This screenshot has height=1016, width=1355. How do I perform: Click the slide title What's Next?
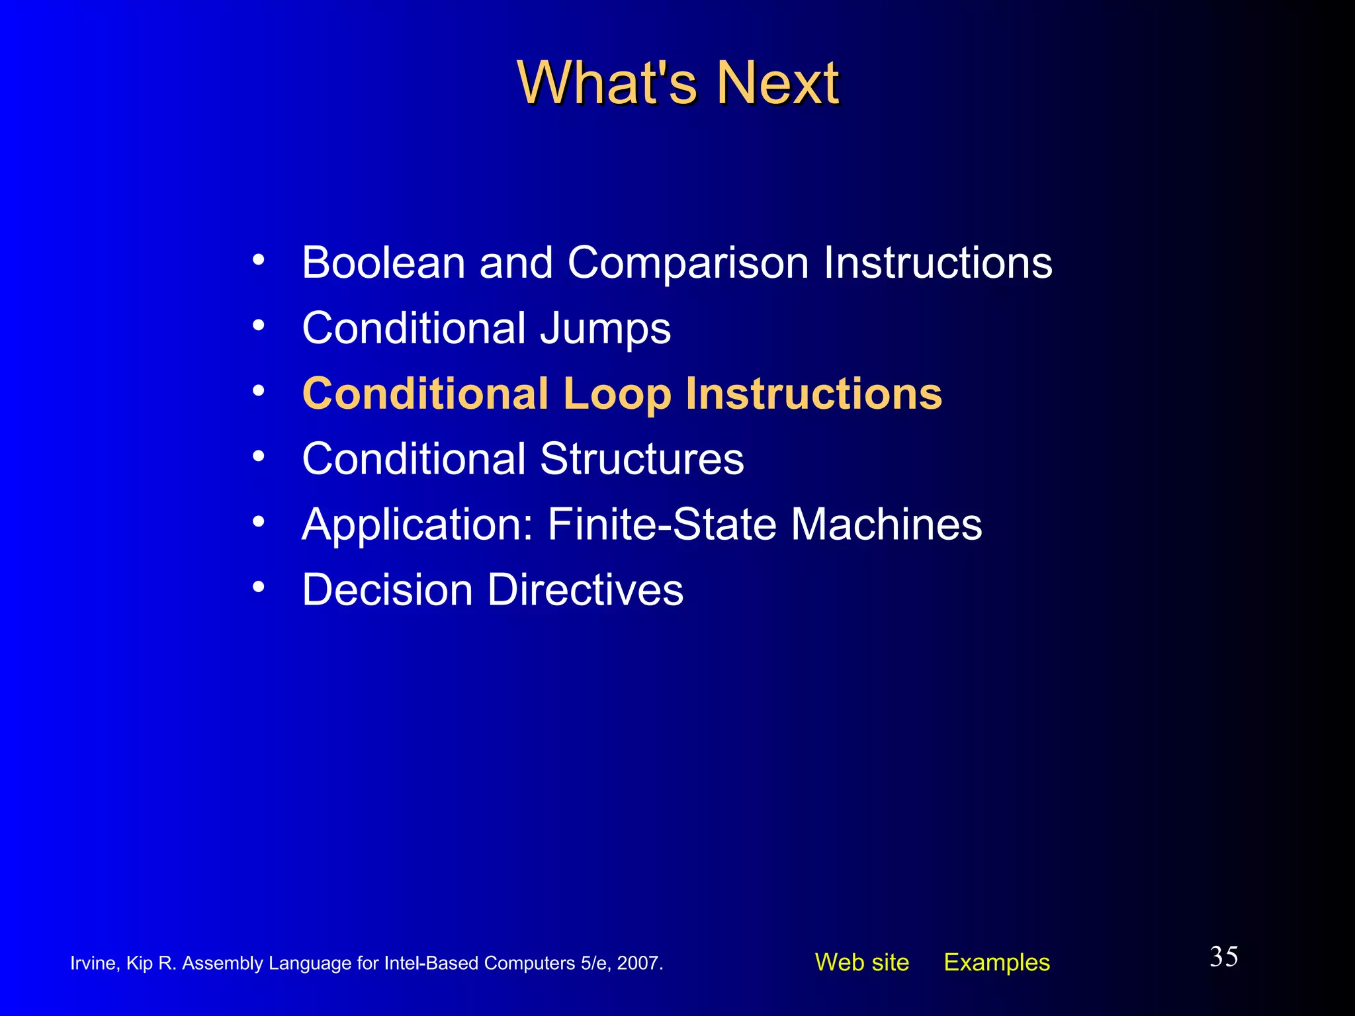[677, 83]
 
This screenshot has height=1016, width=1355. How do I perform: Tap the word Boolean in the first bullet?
[383, 263]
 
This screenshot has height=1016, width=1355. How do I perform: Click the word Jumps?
[605, 329]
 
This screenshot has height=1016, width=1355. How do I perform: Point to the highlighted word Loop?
[617, 394]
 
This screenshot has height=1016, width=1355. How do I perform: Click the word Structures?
[642, 458]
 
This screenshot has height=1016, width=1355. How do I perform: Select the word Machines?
[887, 524]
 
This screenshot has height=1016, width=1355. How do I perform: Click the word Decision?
[387, 589]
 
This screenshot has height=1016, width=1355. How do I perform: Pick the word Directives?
[586, 589]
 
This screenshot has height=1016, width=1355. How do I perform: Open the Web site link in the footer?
[861, 962]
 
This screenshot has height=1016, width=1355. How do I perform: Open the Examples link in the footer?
[996, 962]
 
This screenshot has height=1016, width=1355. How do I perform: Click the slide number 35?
[1223, 957]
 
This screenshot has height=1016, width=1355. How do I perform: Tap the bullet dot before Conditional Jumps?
[259, 325]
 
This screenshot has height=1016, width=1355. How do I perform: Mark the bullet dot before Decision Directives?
[259, 587]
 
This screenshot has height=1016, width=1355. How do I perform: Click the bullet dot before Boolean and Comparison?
[259, 260]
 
